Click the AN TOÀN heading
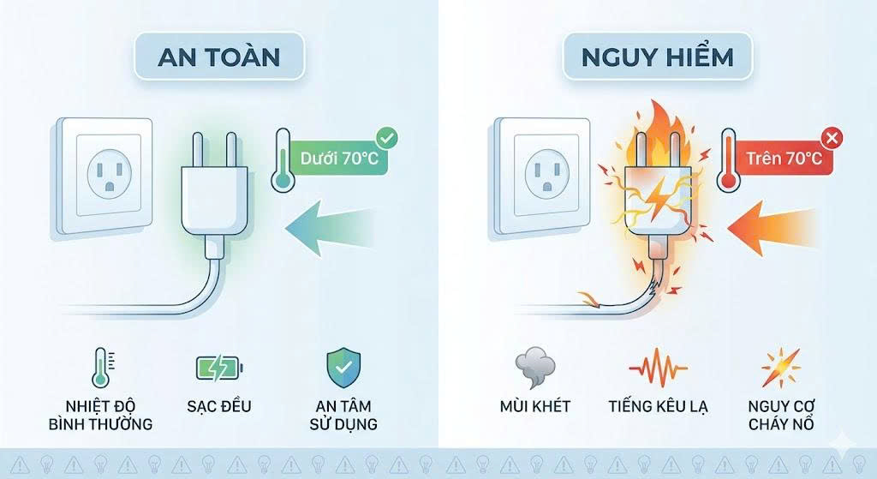point(219,57)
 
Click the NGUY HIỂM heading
point(657,57)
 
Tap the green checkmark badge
point(387,137)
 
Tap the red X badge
point(830,137)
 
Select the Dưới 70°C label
point(339,158)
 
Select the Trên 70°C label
point(784,158)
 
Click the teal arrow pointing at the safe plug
point(330,226)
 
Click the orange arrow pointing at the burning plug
point(771,226)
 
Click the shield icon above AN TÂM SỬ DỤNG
point(343,368)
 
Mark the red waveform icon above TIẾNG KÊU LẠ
point(658,368)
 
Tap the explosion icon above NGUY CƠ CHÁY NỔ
point(780,368)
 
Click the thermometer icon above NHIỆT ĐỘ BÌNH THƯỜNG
point(99,368)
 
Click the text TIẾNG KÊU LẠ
point(658,405)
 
